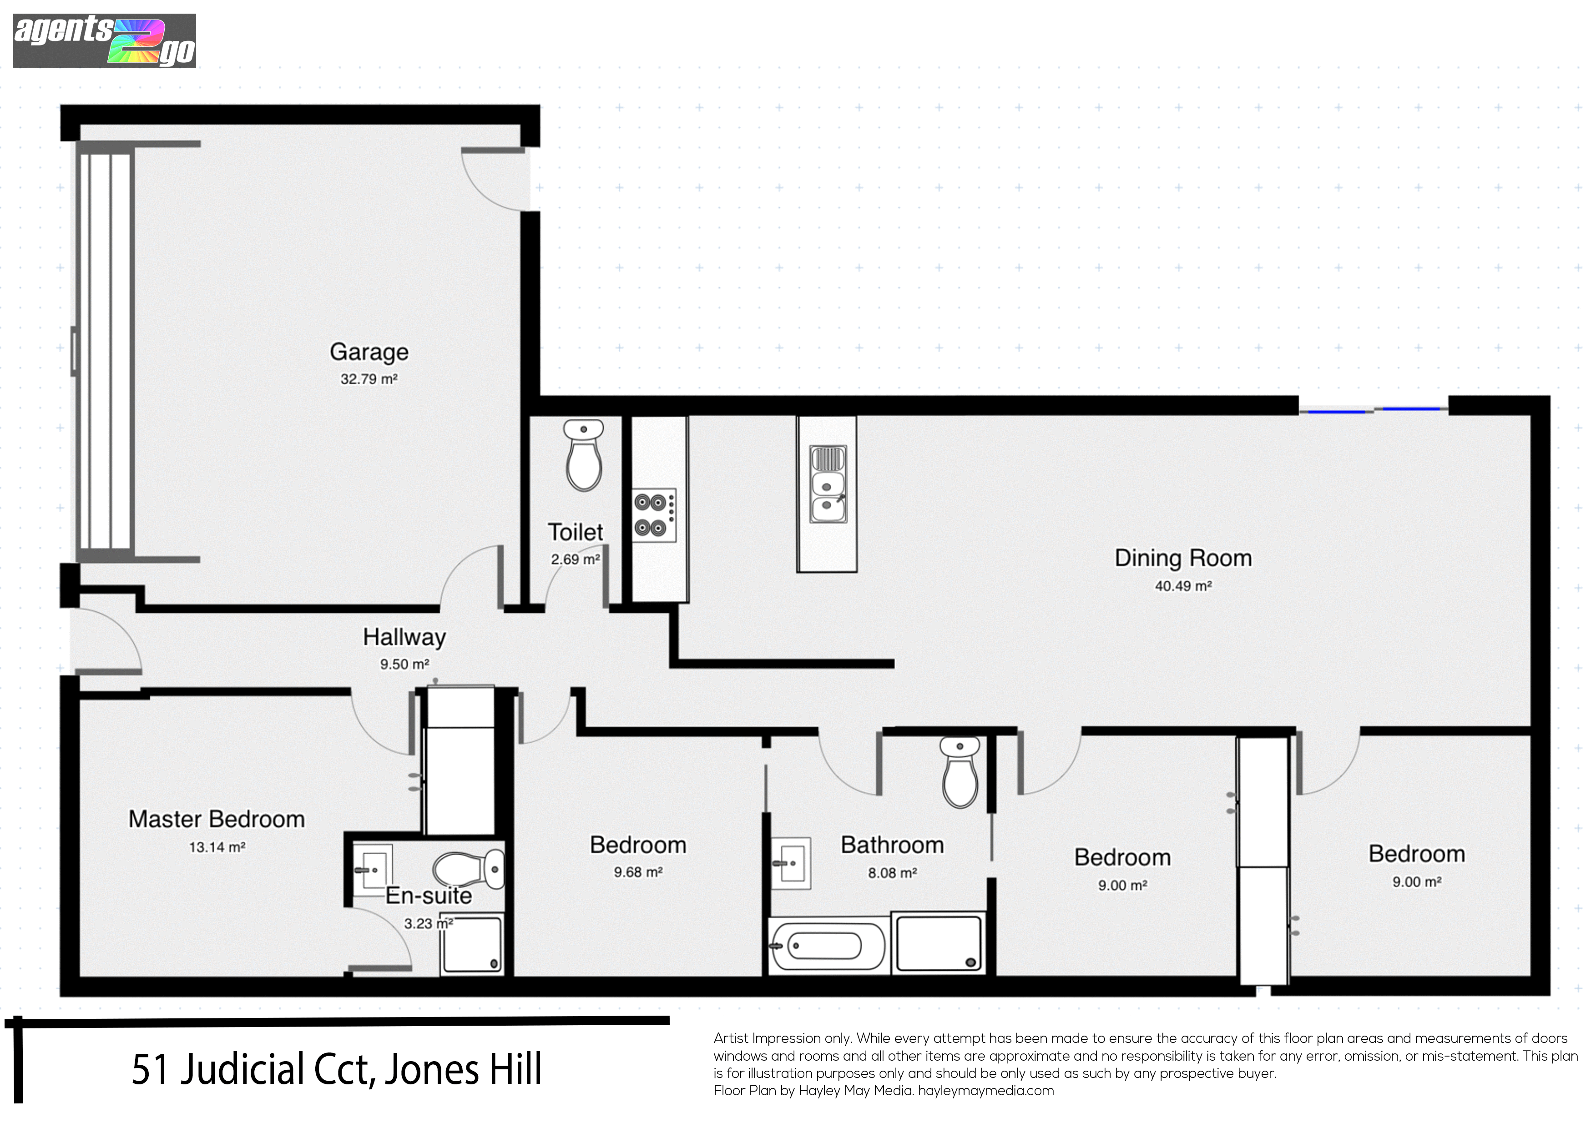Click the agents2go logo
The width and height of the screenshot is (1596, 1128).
tap(104, 41)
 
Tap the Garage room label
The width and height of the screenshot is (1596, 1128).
tap(369, 352)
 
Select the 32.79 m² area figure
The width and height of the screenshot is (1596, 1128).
tap(369, 379)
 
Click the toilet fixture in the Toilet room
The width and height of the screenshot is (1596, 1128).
tap(584, 455)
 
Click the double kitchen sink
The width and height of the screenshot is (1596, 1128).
tap(828, 484)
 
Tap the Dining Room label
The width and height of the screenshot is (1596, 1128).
tap(1183, 558)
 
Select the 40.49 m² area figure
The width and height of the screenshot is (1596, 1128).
tap(1183, 586)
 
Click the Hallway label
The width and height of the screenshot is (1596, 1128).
tap(404, 637)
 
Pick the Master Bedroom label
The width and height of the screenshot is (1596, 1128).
tap(217, 820)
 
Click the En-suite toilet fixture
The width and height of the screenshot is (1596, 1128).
tap(469, 869)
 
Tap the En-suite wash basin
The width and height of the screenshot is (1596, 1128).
tap(373, 871)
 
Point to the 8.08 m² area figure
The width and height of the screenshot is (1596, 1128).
tap(893, 873)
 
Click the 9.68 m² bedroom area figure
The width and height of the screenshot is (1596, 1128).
tap(638, 872)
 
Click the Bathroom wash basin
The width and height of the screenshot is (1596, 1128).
tap(791, 864)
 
